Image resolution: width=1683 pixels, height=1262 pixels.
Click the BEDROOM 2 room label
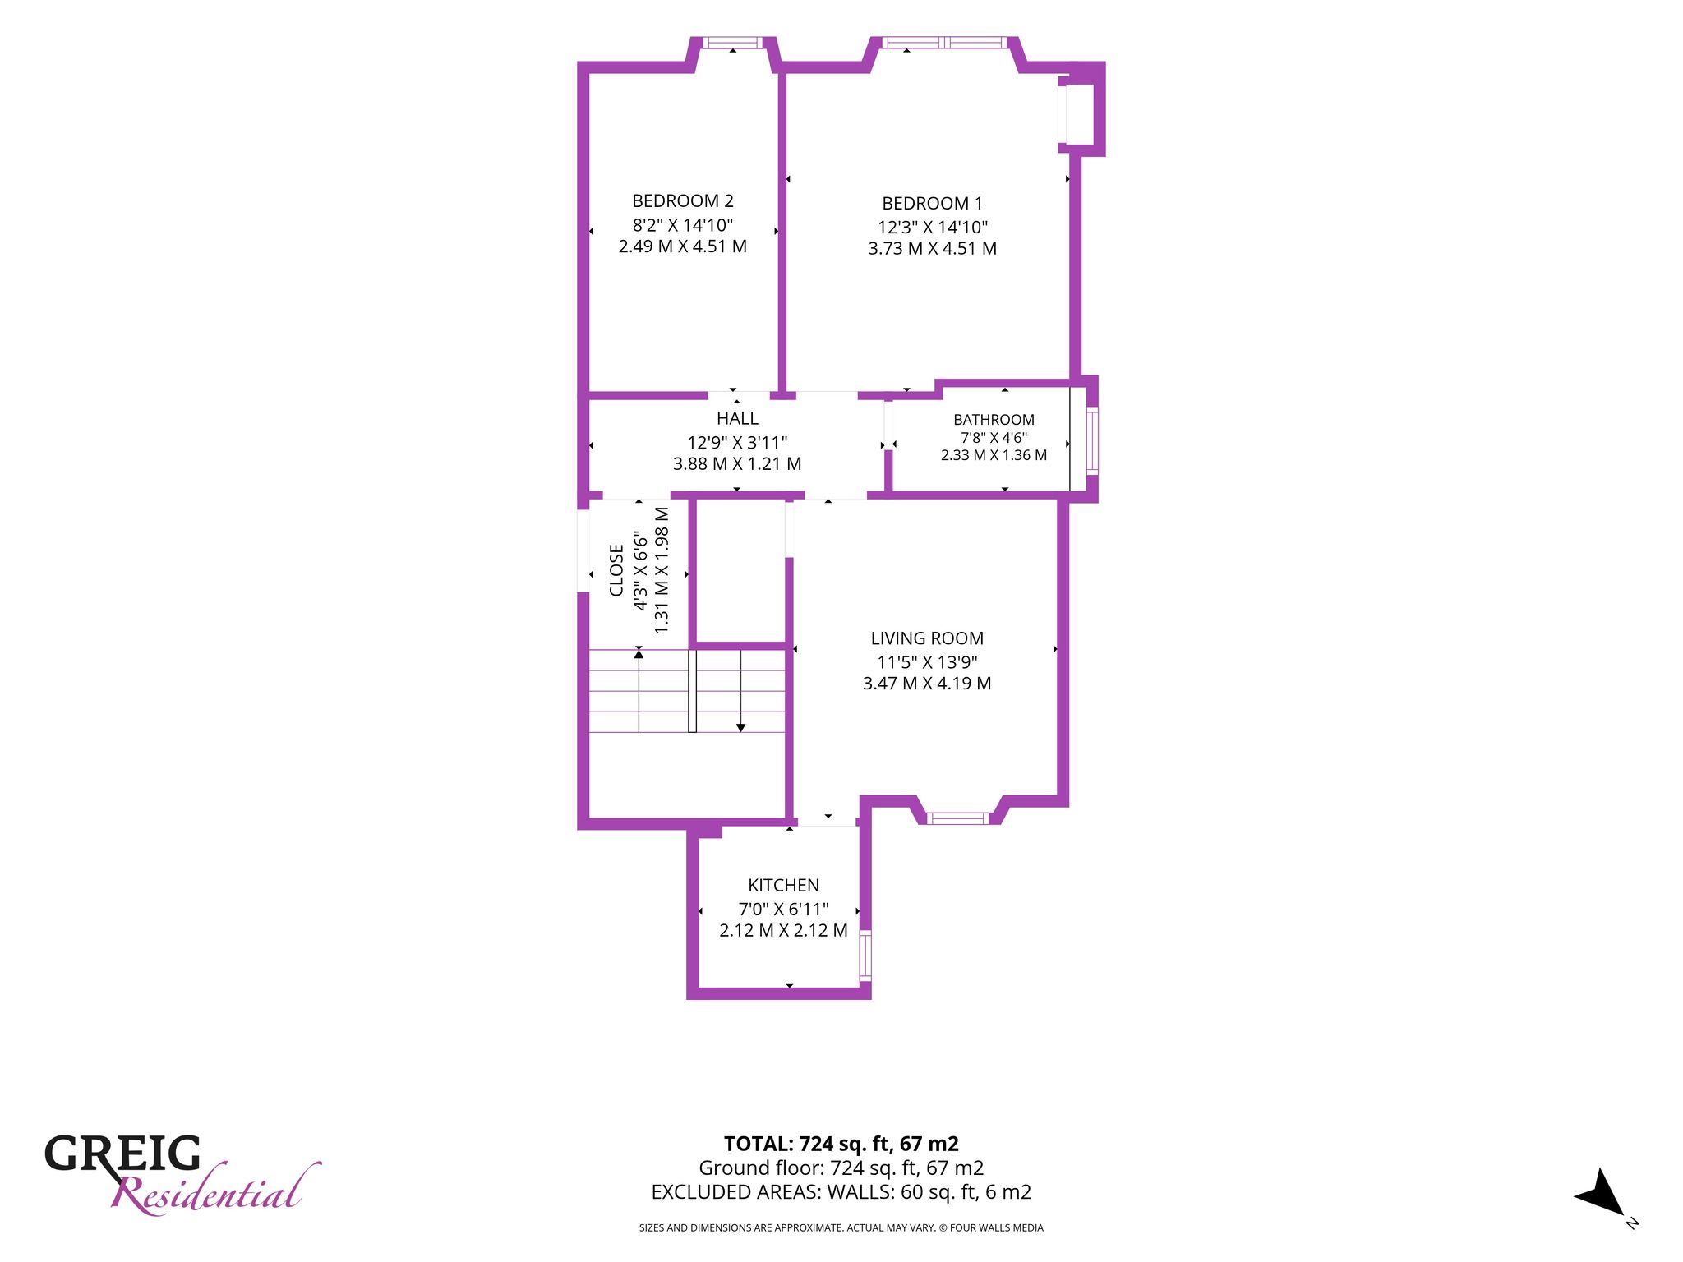682,200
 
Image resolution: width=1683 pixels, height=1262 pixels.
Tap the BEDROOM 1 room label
932,203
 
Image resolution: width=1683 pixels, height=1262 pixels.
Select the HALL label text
737,418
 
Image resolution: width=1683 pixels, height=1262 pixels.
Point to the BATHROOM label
994,420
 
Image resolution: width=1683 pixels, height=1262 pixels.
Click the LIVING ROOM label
927,638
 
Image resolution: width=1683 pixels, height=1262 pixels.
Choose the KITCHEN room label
783,885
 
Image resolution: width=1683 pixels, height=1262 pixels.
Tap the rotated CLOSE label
616,570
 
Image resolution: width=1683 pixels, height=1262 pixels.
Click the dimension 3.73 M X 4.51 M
932,248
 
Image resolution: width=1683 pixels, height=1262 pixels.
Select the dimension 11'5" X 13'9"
927,661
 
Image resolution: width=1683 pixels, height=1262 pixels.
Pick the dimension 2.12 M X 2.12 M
783,930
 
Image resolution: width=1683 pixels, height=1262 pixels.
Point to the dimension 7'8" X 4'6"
994,438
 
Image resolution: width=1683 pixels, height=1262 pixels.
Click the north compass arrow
1599,1192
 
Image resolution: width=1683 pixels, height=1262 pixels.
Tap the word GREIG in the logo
122,1154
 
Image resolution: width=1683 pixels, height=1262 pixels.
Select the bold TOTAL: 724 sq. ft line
841,1144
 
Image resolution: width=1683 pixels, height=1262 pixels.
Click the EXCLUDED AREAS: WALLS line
841,1192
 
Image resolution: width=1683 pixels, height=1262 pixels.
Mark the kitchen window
865,955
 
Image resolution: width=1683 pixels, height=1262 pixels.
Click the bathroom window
1092,441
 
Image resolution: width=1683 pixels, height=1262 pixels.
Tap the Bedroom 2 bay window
733,43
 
